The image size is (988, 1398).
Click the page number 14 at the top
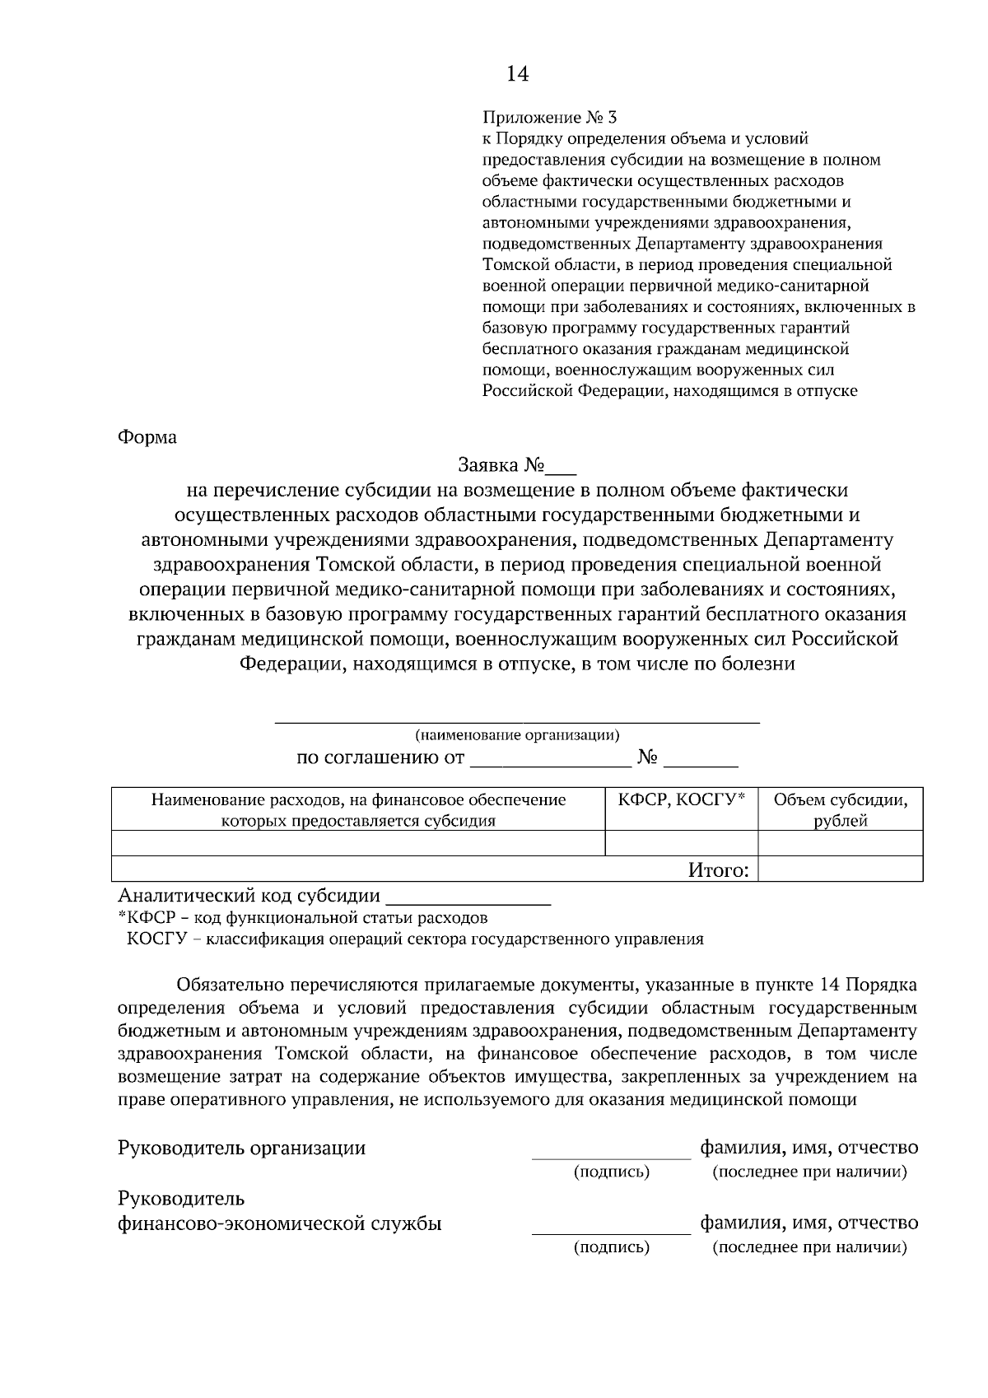tap(517, 74)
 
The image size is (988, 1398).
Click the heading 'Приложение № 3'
tap(549, 118)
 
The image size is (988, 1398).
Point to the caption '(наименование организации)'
tap(517, 734)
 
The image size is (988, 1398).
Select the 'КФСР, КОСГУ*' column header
tap(681, 799)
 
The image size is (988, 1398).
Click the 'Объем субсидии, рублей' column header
tap(840, 809)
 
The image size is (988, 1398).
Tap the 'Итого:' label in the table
tap(719, 869)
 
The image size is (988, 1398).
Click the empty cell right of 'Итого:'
tap(840, 869)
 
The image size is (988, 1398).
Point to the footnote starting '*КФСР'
tap(303, 917)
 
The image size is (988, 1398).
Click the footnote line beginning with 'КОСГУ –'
tap(415, 939)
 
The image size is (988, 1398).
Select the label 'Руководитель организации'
tap(242, 1148)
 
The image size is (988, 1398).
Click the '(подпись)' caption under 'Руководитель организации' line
tap(611, 1172)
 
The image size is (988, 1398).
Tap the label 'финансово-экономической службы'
tap(280, 1223)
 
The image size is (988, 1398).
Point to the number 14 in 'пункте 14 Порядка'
tap(830, 985)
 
